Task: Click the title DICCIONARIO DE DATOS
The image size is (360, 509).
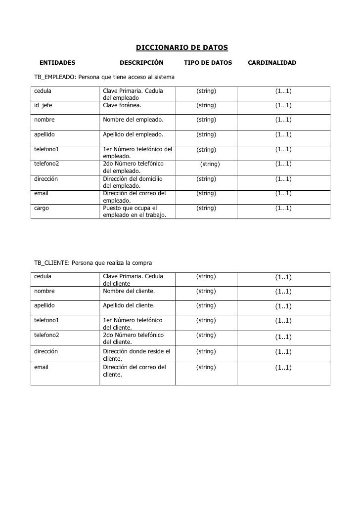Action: [x=181, y=48]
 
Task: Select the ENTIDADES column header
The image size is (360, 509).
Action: [x=57, y=63]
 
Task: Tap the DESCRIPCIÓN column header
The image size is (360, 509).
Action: [x=141, y=63]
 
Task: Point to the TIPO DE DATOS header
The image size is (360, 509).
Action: [x=208, y=63]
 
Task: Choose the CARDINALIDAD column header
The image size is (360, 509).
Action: [x=271, y=63]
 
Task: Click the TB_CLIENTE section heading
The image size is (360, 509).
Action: [x=93, y=262]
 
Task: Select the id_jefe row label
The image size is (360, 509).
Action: [x=43, y=105]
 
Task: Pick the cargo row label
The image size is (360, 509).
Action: [x=42, y=208]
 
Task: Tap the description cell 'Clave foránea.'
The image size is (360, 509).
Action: [x=122, y=105]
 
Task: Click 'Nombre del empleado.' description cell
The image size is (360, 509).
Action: [x=133, y=120]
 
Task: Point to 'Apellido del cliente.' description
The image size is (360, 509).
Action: [x=129, y=305]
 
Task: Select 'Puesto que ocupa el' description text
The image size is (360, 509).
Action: [x=130, y=208]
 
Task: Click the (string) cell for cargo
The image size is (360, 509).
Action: [x=206, y=208]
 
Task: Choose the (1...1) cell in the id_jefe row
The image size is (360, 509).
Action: [x=283, y=105]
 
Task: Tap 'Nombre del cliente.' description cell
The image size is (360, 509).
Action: [x=129, y=291]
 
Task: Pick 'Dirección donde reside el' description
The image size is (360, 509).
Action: [x=136, y=351]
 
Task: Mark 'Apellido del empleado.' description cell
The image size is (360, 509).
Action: [x=133, y=134]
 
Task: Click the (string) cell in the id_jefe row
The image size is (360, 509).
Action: [x=206, y=105]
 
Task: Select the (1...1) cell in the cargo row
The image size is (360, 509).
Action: [x=283, y=208]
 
